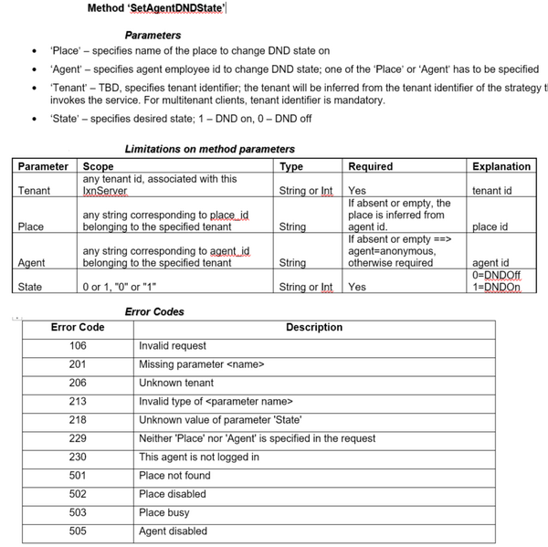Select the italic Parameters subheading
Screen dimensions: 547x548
pos(153,36)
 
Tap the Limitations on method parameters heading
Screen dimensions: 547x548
pos(209,149)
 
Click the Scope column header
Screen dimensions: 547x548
pos(99,166)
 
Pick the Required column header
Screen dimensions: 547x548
pos(371,166)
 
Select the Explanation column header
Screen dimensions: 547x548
pos(501,166)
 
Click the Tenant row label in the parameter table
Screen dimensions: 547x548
pos(35,191)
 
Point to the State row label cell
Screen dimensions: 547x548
pos(30,287)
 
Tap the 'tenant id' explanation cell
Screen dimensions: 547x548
pos(492,191)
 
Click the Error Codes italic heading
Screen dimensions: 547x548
pos(154,311)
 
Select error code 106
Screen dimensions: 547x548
pos(78,346)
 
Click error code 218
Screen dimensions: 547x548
pos(78,420)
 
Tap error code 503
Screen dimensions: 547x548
pos(78,512)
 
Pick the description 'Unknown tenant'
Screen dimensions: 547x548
pos(176,384)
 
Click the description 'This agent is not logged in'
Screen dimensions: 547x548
pos(199,457)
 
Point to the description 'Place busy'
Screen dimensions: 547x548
pos(164,512)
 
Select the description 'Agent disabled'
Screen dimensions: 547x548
pos(173,531)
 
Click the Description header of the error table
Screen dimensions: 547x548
pos(314,327)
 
